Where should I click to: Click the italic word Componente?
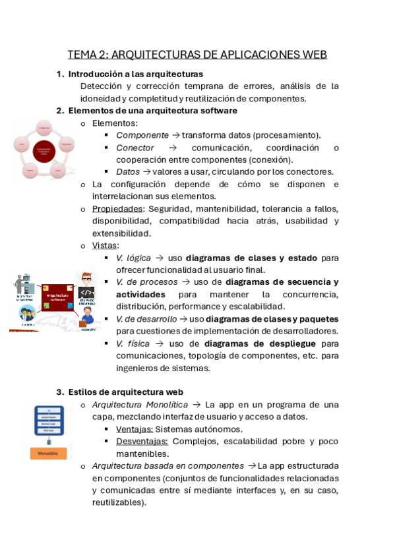coord(142,135)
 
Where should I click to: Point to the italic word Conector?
coord(135,148)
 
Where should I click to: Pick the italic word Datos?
coord(128,172)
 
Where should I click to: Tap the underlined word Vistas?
coord(105,246)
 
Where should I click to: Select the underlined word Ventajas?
coord(134,429)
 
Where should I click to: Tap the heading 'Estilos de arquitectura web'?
coord(125,392)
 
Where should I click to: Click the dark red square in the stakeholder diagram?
coord(60,297)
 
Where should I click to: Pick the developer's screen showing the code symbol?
coord(86,292)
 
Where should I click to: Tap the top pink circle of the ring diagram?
coord(44,127)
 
